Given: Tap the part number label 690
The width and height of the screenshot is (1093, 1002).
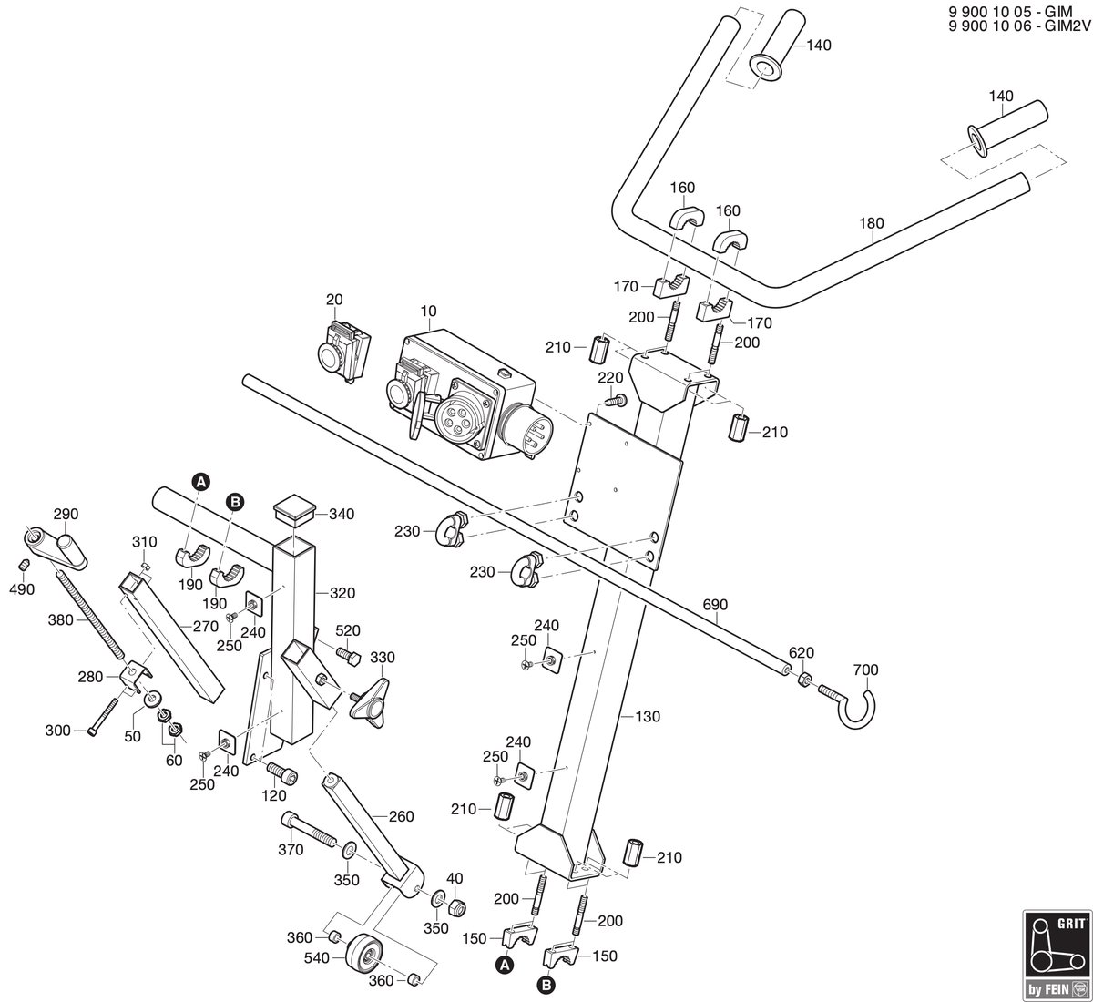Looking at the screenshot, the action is [715, 605].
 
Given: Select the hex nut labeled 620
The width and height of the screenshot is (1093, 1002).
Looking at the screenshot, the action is [802, 680].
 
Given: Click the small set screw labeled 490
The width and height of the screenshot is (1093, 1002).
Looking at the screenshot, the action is [23, 565].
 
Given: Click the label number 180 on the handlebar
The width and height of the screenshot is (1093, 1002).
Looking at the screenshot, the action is [872, 223].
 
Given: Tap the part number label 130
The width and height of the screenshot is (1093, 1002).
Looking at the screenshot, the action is [648, 716].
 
